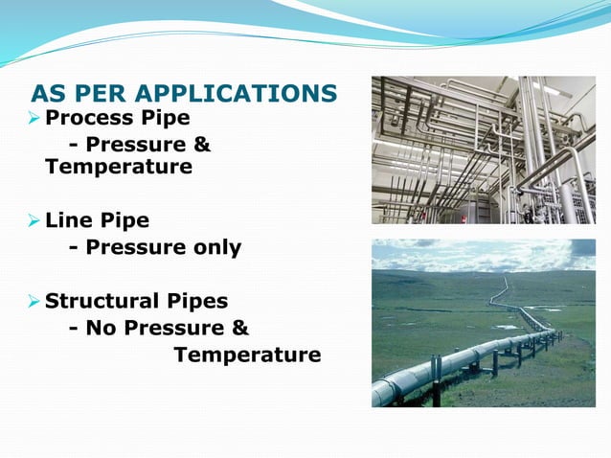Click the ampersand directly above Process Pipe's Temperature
pyautogui.click(x=202, y=144)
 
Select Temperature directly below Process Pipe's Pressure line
pyautogui.click(x=118, y=167)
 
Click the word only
pyautogui.click(x=214, y=248)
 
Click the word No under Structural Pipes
pyautogui.click(x=99, y=329)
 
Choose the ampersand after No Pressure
pyautogui.click(x=239, y=329)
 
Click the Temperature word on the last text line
pyautogui.click(x=246, y=355)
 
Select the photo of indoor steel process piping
pyautogui.click(x=483, y=149)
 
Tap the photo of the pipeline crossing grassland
pyautogui.click(x=483, y=323)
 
